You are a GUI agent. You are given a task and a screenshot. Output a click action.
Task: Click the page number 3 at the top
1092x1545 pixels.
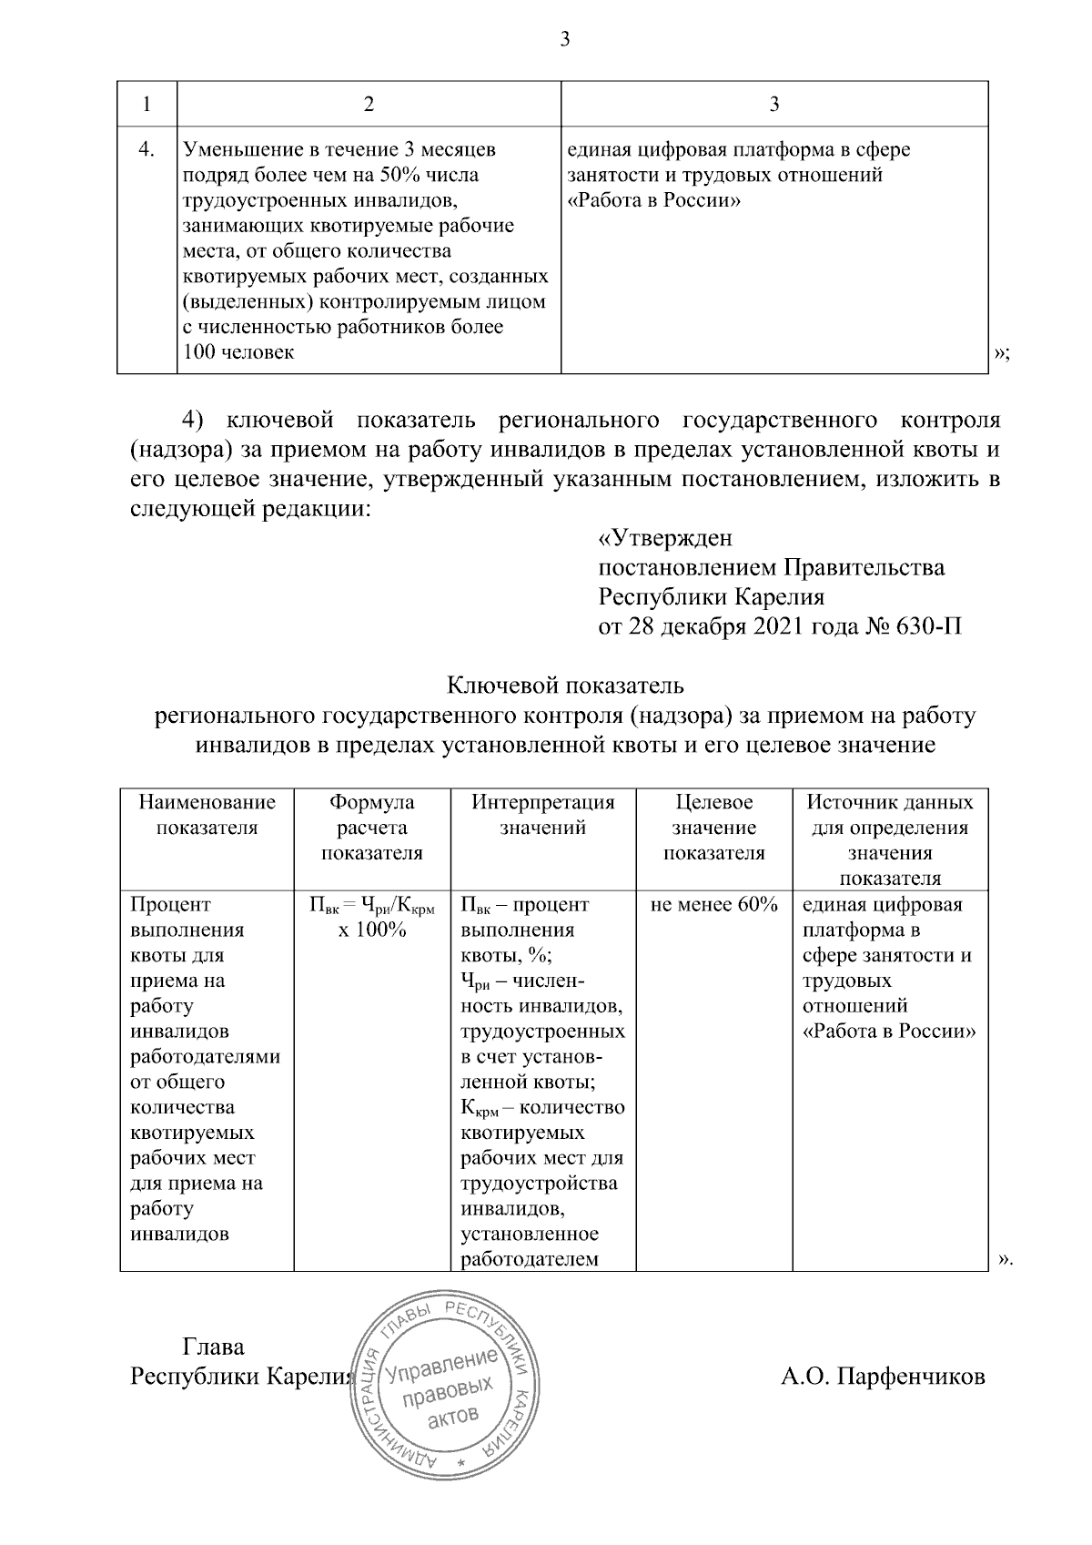click(564, 38)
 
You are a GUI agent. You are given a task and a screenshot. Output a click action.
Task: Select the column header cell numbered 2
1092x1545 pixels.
click(369, 105)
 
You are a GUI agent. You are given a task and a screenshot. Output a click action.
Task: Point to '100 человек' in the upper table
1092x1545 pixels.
click(238, 352)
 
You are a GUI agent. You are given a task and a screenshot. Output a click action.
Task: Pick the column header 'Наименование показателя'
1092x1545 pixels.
click(207, 815)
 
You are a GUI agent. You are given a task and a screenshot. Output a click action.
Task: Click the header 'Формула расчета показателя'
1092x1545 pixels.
click(372, 828)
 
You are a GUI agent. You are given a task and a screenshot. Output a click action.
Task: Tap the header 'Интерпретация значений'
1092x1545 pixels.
click(543, 815)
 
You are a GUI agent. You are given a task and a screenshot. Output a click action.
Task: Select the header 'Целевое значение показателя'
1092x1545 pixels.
click(714, 828)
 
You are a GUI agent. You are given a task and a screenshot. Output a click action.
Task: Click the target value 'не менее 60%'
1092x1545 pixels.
click(714, 905)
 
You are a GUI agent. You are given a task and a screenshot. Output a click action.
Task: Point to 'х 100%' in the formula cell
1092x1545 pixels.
click(372, 930)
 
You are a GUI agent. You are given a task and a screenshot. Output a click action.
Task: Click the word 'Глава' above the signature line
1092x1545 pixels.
click(214, 1347)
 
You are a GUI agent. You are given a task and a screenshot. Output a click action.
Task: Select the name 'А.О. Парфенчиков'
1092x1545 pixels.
click(883, 1377)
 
